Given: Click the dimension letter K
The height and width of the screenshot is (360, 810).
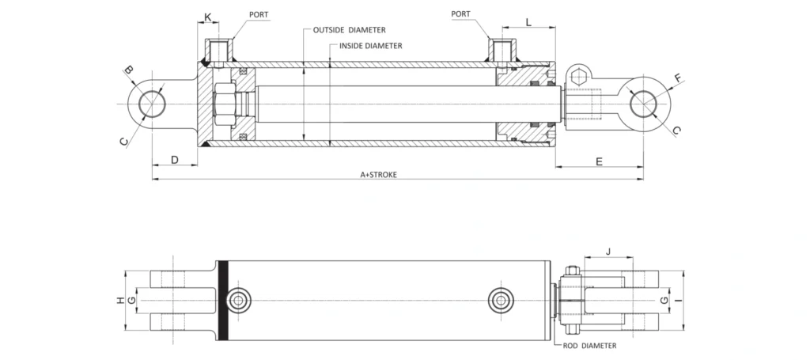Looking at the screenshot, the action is [x=208, y=17].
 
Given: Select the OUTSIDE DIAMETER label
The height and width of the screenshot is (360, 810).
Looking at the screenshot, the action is [x=349, y=31].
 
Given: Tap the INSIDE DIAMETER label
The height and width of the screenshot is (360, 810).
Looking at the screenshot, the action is [x=370, y=45].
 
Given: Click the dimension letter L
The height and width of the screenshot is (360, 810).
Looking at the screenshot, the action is [x=528, y=21].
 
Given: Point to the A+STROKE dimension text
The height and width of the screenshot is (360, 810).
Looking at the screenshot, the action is [x=379, y=175].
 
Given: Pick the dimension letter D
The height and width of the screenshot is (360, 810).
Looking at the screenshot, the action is [x=175, y=160].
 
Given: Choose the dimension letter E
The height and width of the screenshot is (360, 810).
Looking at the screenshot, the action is [x=600, y=161].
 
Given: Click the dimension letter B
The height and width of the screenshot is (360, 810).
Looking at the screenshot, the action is [x=130, y=70].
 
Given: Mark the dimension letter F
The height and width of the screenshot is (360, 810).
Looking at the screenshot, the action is [x=678, y=78].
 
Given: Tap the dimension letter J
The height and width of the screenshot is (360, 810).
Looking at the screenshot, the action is [x=608, y=252].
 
